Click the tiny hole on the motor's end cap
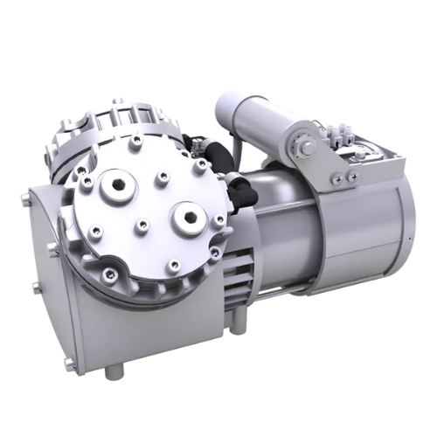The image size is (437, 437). [408, 239]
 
